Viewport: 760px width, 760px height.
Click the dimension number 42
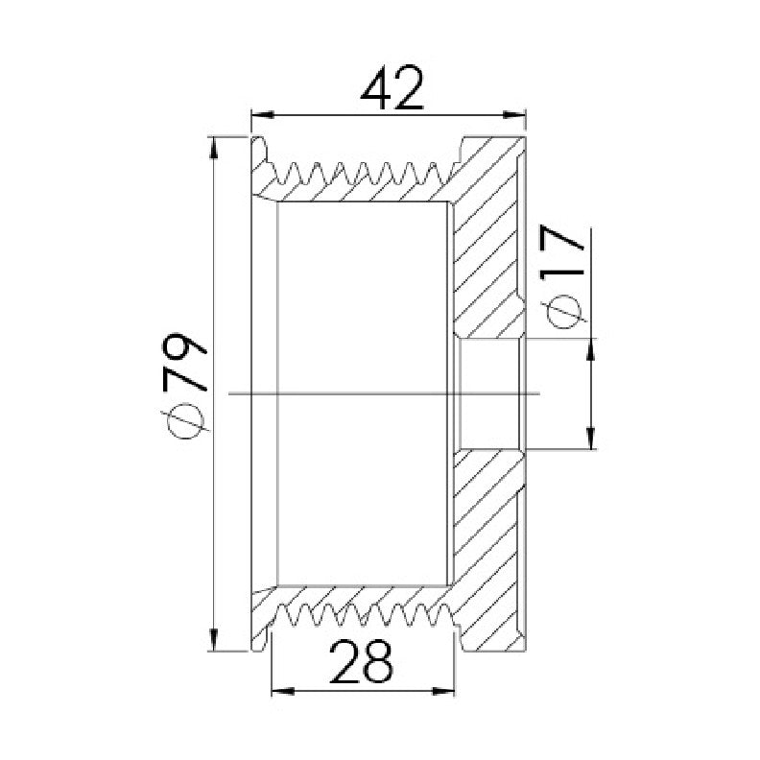tap(392, 87)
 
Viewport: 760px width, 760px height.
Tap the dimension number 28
tap(361, 661)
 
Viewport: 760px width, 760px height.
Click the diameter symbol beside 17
tap(563, 309)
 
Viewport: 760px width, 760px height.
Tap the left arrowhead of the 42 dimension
tap(263, 115)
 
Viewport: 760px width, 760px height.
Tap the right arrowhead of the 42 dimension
tap(514, 115)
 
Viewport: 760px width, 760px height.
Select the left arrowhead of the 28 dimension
tap(283, 691)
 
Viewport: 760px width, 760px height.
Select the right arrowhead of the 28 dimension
tap(443, 691)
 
